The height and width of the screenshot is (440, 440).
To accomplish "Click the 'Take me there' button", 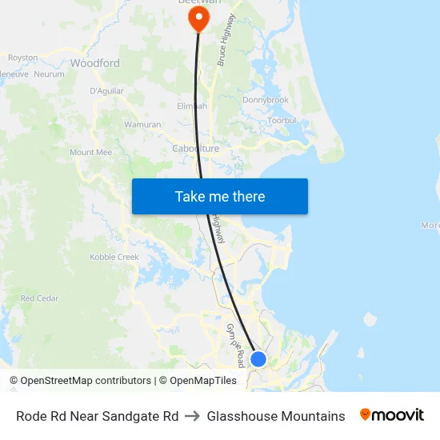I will (220, 197).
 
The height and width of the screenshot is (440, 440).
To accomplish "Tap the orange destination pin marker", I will (197, 17).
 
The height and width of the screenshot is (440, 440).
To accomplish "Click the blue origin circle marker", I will (258, 359).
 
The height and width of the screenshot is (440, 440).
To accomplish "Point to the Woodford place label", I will (95, 63).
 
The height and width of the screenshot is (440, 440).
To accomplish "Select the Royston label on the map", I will (23, 58).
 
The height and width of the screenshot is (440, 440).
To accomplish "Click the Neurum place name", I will (50, 74).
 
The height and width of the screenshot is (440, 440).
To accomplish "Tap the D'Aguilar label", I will (106, 91).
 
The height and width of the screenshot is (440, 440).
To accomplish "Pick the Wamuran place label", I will (142, 125).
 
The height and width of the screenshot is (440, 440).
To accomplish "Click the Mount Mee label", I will (90, 152).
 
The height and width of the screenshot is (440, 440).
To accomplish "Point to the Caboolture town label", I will (195, 149).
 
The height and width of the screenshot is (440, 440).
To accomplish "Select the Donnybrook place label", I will (266, 100).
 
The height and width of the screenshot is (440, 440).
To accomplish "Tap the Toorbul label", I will (282, 120).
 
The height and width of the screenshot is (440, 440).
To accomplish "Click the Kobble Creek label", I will (114, 258).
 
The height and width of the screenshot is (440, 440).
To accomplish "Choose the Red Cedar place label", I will (40, 298).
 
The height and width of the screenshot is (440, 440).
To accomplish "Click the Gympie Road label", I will (233, 340).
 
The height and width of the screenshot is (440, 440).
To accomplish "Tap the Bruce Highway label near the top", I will (226, 39).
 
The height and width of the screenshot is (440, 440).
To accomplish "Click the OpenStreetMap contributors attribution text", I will (85, 381).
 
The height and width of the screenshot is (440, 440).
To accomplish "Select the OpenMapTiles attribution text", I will (203, 381).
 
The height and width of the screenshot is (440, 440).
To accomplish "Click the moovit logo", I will (392, 415).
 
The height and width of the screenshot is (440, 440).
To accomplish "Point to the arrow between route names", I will (193, 416).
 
